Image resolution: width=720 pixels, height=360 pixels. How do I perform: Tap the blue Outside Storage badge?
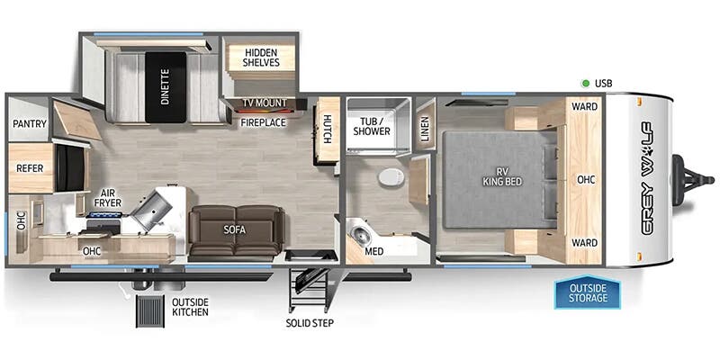586,292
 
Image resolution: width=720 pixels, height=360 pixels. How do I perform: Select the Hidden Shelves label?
260,58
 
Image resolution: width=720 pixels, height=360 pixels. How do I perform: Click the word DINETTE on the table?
166,86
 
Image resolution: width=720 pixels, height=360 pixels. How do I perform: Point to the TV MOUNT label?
264,103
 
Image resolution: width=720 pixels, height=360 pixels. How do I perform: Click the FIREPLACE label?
263,121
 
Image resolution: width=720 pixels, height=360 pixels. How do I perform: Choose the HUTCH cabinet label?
328,130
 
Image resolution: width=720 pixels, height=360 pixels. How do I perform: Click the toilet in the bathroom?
389,176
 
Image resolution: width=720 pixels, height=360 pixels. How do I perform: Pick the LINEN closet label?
426,127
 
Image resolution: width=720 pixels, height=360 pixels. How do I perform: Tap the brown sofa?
235,230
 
